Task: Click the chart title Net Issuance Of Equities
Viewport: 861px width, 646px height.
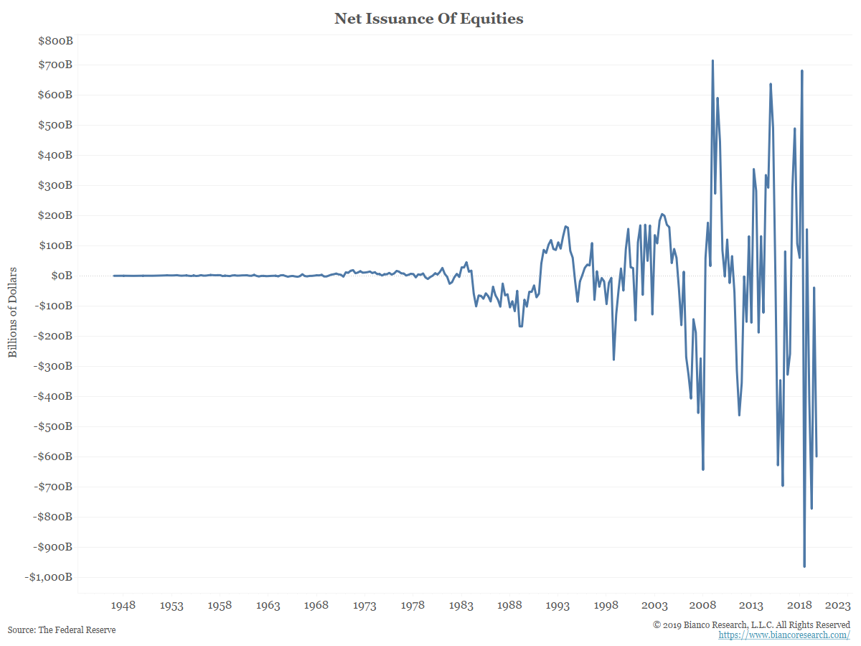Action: (429, 19)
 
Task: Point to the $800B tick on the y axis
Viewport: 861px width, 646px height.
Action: (55, 41)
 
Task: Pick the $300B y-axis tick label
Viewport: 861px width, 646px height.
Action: (55, 185)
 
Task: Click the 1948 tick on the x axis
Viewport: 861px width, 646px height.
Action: (123, 606)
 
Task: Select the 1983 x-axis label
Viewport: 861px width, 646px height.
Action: (461, 606)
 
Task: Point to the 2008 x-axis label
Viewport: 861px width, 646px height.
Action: (703, 606)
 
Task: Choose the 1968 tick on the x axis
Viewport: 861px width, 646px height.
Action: (316, 606)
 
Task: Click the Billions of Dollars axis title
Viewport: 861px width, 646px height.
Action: (13, 313)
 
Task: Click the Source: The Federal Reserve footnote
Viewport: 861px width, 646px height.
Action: (62, 630)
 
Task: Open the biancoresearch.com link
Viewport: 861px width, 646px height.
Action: (785, 635)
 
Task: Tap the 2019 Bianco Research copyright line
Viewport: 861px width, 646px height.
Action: (751, 624)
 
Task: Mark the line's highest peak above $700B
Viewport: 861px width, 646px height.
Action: (712, 61)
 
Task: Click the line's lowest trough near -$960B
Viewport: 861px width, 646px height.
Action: (804, 566)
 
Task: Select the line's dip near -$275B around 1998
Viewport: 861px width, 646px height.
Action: (613, 359)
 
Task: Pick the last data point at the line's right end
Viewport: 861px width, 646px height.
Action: (817, 456)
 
